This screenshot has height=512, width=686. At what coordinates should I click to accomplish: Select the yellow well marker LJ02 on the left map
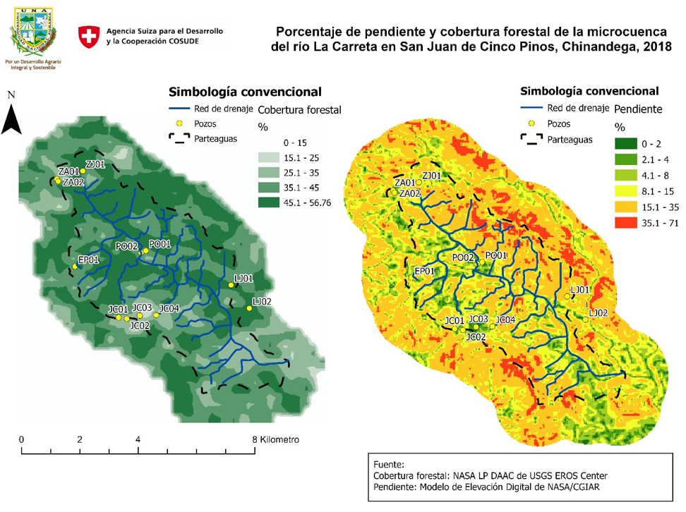[x=249, y=308]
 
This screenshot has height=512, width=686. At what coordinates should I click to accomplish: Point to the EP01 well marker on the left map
[x=75, y=267]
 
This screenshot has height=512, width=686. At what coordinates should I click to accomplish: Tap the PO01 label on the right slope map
[x=497, y=255]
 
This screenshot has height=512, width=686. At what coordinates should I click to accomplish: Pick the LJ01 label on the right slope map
[x=579, y=290]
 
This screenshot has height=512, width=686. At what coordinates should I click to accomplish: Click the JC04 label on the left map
[x=169, y=308]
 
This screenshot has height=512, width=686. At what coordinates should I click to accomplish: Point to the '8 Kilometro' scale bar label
[x=277, y=439]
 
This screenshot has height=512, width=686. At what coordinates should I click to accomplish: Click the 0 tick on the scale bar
[x=22, y=440]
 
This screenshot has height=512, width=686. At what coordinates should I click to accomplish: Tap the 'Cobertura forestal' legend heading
[x=300, y=110]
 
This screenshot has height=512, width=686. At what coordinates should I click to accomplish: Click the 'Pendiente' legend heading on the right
[x=638, y=110]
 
